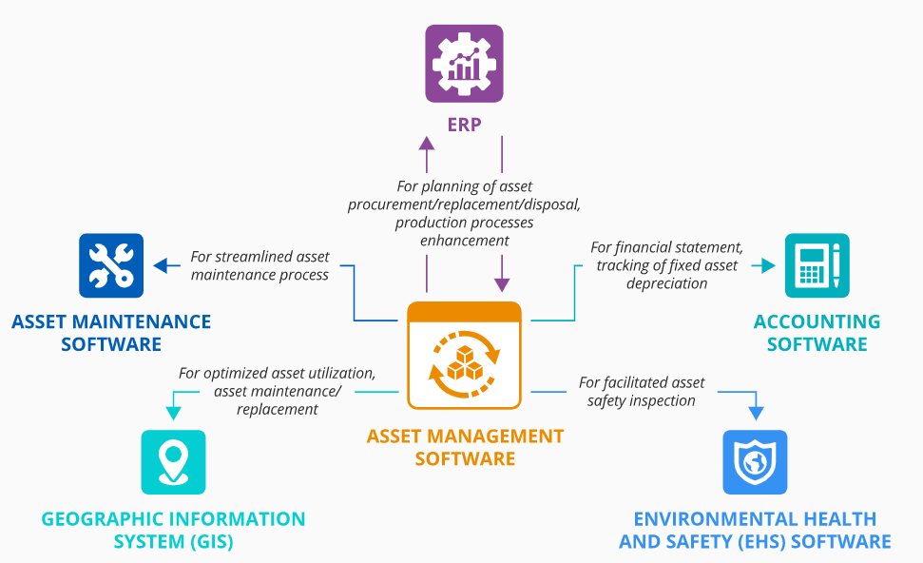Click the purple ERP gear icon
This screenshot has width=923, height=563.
[x=464, y=64]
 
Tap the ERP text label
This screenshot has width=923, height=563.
[x=464, y=125]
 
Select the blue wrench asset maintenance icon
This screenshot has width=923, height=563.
[x=111, y=265]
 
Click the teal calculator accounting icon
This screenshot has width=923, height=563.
[x=817, y=265]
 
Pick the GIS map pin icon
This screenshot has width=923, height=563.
[x=173, y=461]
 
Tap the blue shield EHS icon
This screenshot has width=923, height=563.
[x=755, y=462]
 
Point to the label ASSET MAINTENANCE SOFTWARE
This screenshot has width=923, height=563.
[x=111, y=333]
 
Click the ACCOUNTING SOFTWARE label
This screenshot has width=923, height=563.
[x=817, y=333]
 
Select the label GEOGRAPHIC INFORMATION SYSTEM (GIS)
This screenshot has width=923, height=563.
[x=173, y=531]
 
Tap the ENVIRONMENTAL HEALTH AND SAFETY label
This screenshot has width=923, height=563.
[x=755, y=531]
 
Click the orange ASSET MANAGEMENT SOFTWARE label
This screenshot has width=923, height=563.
[x=465, y=447]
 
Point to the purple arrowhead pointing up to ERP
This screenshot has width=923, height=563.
[x=427, y=143]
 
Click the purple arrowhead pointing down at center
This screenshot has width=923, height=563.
[x=502, y=284]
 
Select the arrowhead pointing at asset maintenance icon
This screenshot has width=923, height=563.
[x=161, y=266]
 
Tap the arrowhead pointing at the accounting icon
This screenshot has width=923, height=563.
[x=769, y=266]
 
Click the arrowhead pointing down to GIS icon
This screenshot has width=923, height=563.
[x=173, y=412]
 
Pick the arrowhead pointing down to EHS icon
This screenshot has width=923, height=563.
[x=756, y=413]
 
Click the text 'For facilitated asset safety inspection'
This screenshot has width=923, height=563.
[x=642, y=391]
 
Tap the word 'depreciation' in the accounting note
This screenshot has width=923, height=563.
[x=666, y=283]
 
